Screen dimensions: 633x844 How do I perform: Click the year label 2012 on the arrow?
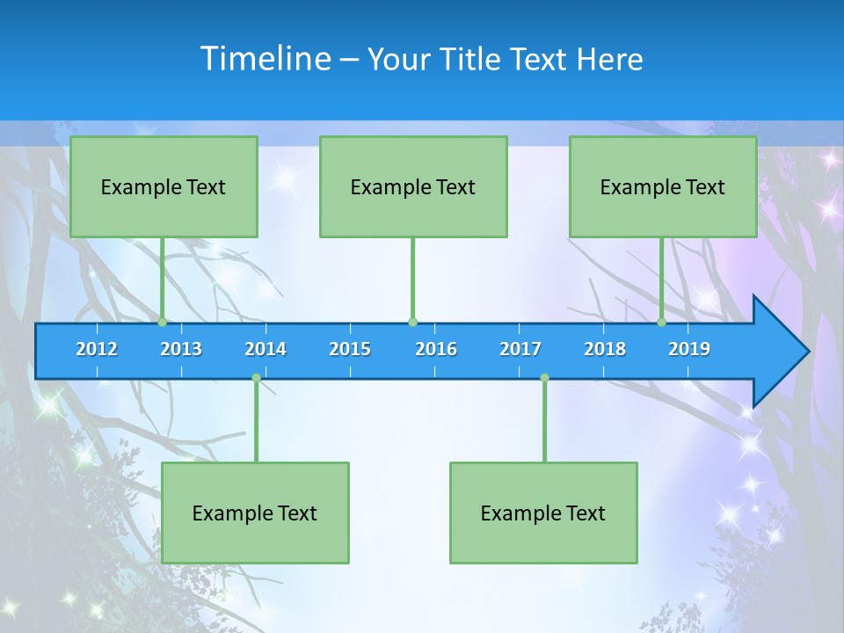[x=97, y=349]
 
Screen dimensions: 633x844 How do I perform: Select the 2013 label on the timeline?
[x=181, y=349]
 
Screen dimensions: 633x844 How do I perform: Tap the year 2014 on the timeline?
[x=266, y=349]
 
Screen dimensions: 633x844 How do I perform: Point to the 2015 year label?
[x=350, y=349]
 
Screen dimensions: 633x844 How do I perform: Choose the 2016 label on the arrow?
[x=436, y=349]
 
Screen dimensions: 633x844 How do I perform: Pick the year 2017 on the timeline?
[x=520, y=349]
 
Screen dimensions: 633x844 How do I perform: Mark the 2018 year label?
[x=605, y=349]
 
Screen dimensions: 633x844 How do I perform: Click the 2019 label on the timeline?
[x=689, y=349]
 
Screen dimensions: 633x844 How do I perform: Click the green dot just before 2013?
[x=162, y=323]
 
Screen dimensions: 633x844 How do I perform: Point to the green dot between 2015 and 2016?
[x=412, y=323]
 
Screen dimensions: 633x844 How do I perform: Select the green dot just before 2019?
[x=662, y=323]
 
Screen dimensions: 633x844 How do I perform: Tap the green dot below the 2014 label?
[x=256, y=378]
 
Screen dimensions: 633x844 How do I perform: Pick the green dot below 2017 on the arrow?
[x=544, y=378]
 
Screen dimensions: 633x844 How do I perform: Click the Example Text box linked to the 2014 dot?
[x=255, y=513]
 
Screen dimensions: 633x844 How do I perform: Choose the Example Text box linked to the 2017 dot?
[x=543, y=513]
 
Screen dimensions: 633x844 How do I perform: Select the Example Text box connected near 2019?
[x=663, y=186]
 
